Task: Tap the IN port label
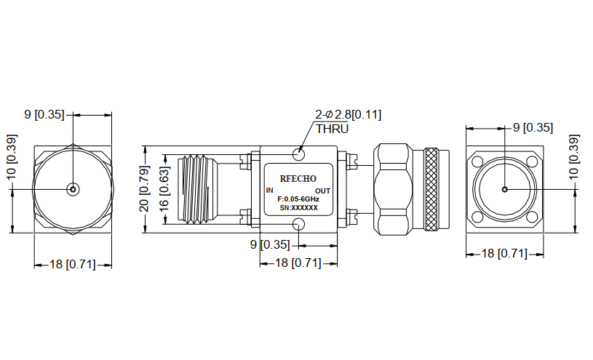point(270,191)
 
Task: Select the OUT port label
point(322,191)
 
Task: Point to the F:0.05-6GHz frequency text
point(298,199)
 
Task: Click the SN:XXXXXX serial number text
point(298,208)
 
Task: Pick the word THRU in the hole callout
point(332,129)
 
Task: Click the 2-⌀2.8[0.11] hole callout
point(348,115)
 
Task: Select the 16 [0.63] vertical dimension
point(165,189)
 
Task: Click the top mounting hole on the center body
point(298,153)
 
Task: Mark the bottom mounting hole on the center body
point(298,223)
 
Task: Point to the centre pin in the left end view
point(72,189)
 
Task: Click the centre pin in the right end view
point(504,189)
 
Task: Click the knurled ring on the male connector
point(431,190)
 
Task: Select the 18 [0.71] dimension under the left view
point(72,265)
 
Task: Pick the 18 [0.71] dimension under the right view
point(504,253)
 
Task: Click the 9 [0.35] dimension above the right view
point(533,128)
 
